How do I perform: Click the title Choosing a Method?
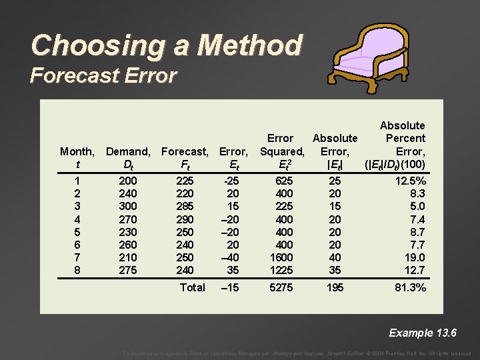pos(166,45)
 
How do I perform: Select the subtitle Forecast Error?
pos(103,75)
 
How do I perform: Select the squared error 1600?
pos(280,257)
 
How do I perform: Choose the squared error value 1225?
pos(280,269)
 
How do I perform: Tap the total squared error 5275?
pos(280,287)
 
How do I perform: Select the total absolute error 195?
pos(335,287)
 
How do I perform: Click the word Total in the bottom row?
pos(193,287)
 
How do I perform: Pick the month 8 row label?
pos(77,269)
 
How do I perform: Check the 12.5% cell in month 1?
pos(411,181)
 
